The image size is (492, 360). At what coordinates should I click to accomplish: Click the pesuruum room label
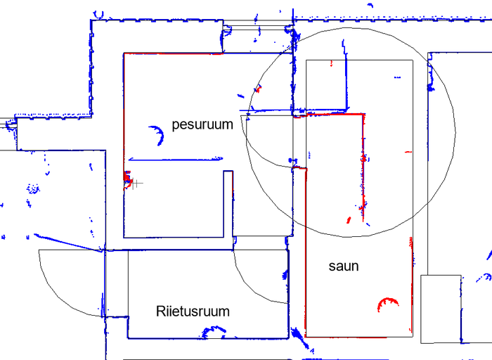[202, 125]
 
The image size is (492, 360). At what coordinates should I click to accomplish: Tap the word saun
[344, 266]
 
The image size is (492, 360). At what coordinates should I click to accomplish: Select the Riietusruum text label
[193, 311]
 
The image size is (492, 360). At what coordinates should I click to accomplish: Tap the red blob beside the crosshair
[128, 179]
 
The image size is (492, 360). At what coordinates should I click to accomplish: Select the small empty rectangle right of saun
[440, 309]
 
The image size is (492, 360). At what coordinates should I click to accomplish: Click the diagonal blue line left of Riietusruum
[63, 240]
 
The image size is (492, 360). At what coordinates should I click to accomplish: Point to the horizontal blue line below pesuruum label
[176, 159]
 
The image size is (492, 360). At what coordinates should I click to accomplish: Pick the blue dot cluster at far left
[32, 188]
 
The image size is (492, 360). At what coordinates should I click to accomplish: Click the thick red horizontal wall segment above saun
[334, 114]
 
